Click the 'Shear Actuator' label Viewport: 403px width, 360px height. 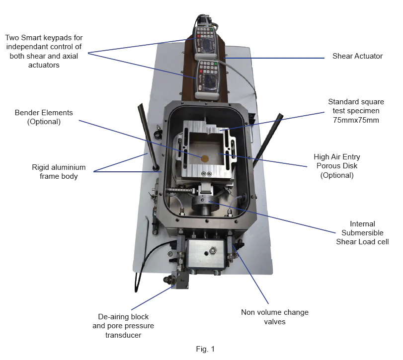[357, 56]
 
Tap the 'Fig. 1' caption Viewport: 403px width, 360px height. [205, 349]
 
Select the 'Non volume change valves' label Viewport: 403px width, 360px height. [274, 317]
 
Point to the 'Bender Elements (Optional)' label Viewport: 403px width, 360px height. [44, 117]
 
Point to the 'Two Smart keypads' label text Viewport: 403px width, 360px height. [44, 51]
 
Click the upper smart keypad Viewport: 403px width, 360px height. [205, 40]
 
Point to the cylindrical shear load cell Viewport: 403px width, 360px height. [205, 204]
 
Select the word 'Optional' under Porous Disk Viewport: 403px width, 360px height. [337, 175]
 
